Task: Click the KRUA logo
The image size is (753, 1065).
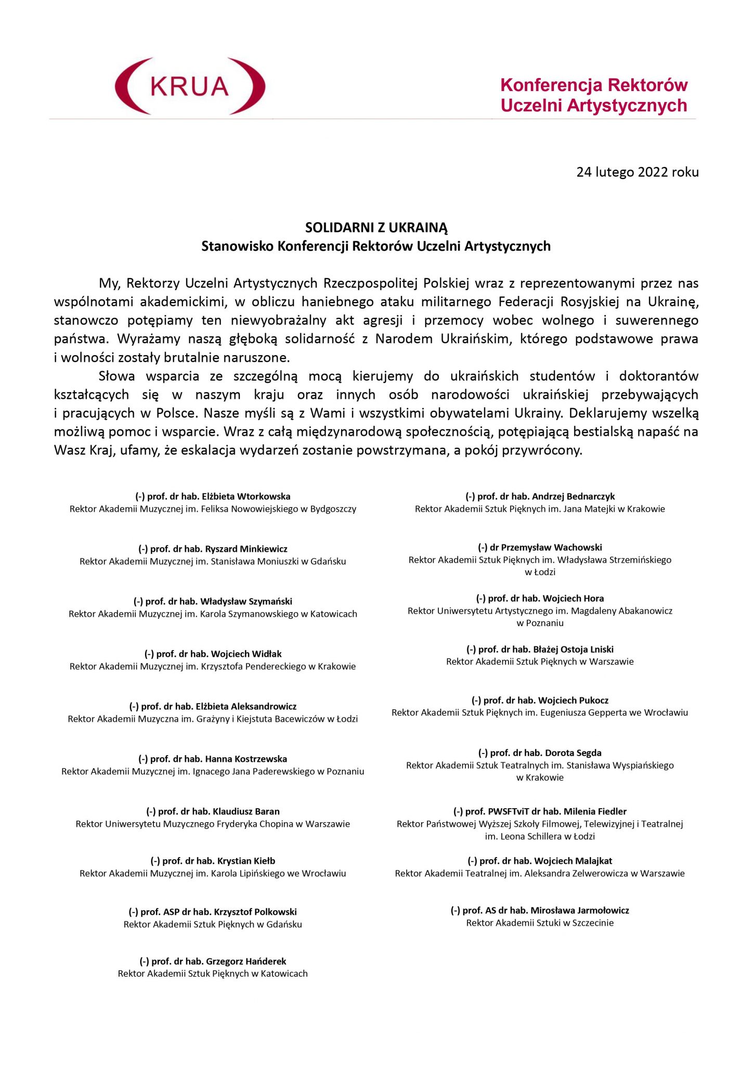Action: click(190, 86)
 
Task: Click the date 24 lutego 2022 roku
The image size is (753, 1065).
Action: click(637, 172)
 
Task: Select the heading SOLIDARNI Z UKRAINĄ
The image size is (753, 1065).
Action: click(376, 228)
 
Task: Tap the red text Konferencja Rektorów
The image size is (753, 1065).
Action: click(594, 85)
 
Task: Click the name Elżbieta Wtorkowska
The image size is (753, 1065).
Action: click(246, 497)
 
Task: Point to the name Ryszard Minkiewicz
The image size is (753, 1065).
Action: click(246, 549)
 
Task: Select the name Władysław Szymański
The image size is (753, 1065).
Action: click(246, 602)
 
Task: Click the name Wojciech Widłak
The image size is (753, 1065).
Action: click(246, 654)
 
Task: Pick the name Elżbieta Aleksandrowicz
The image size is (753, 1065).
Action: click(246, 707)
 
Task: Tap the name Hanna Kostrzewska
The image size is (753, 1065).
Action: click(246, 759)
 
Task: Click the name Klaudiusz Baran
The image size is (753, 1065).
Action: click(246, 811)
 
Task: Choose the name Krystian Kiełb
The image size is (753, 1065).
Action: click(246, 861)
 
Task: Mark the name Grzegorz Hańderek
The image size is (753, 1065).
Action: click(246, 962)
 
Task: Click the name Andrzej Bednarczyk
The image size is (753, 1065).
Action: click(573, 497)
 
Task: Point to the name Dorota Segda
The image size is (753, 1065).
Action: click(573, 753)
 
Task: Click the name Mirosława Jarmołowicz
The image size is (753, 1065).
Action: click(580, 911)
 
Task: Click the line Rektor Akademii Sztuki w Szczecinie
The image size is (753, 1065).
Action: click(540, 923)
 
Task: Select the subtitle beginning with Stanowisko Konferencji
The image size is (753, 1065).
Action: click(376, 246)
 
